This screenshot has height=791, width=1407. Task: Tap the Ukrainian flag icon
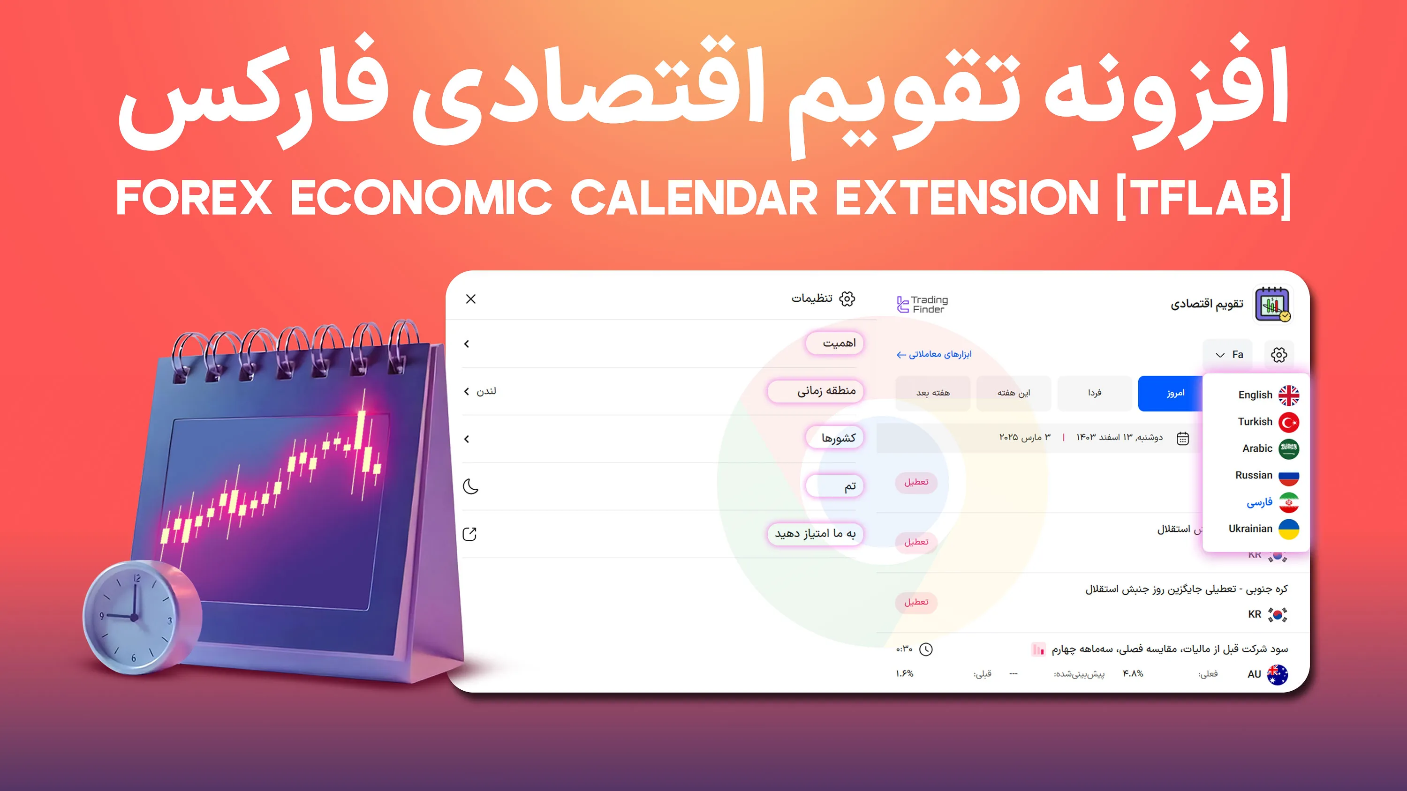click(1288, 529)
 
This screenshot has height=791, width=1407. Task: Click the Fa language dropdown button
click(1228, 355)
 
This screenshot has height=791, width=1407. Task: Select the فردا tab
click(1094, 393)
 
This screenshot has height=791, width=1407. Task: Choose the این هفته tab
click(1013, 393)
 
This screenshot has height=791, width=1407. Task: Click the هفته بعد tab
click(933, 393)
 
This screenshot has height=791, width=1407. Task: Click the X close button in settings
click(471, 299)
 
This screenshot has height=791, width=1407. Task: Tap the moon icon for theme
click(470, 486)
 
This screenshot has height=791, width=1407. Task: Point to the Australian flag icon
click(1277, 674)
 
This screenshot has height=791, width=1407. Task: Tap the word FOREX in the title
click(194, 198)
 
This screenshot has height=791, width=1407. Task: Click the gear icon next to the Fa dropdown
click(1278, 355)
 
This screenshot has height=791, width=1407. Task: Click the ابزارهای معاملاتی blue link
click(934, 354)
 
